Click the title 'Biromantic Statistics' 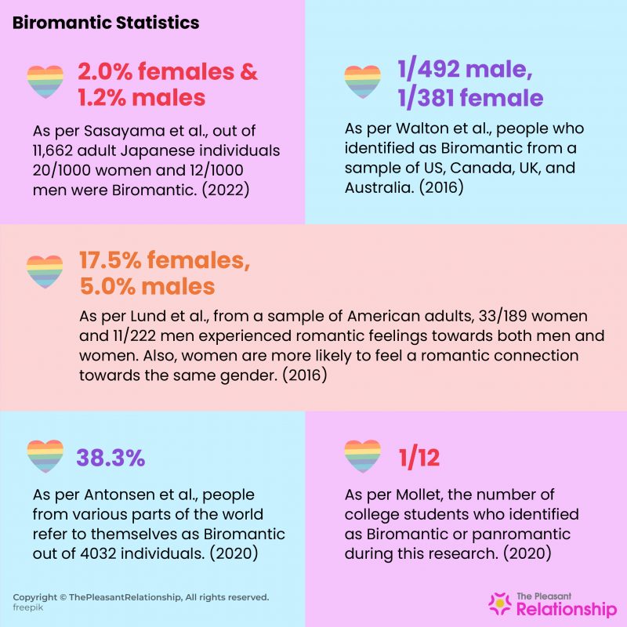(106, 24)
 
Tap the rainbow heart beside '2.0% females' (45, 81)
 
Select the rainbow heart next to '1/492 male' (361, 81)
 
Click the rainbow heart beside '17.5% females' (45, 272)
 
